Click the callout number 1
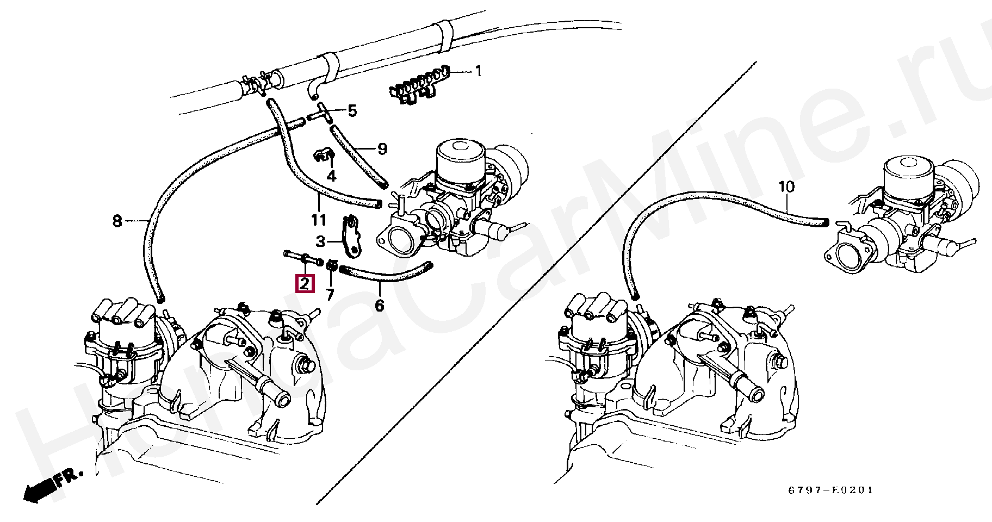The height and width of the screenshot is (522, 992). tap(478, 71)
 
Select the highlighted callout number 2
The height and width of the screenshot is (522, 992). tap(305, 283)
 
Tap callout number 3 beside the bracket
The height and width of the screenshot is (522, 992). tap(321, 241)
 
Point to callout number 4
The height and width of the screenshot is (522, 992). tap(331, 176)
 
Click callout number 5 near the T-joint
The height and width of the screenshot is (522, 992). tap(352, 111)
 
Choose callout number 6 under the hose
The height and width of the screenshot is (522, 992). tap(380, 306)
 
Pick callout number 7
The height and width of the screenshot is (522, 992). tap(330, 295)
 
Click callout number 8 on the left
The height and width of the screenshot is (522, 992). tap(117, 221)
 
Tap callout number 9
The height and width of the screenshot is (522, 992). tap(382, 148)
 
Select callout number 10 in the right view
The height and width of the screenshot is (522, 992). tap(786, 187)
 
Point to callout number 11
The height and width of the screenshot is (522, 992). tap(319, 220)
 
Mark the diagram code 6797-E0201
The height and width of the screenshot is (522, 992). tap(830, 490)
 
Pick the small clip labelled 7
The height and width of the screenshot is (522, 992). tap(331, 265)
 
